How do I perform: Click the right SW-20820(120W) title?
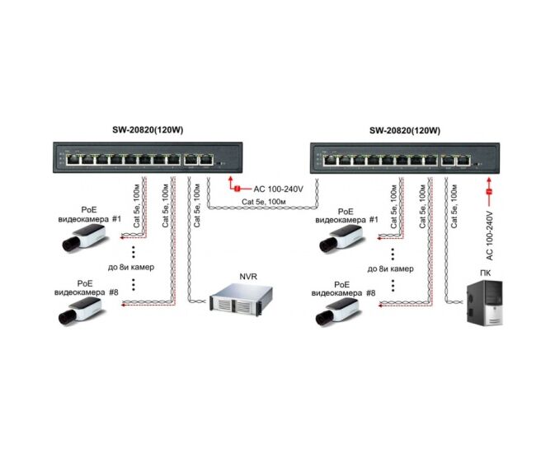coord(404,130)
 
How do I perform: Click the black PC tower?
coord(482,304)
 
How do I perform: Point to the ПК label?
coord(483,270)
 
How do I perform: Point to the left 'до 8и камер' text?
coord(133,269)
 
